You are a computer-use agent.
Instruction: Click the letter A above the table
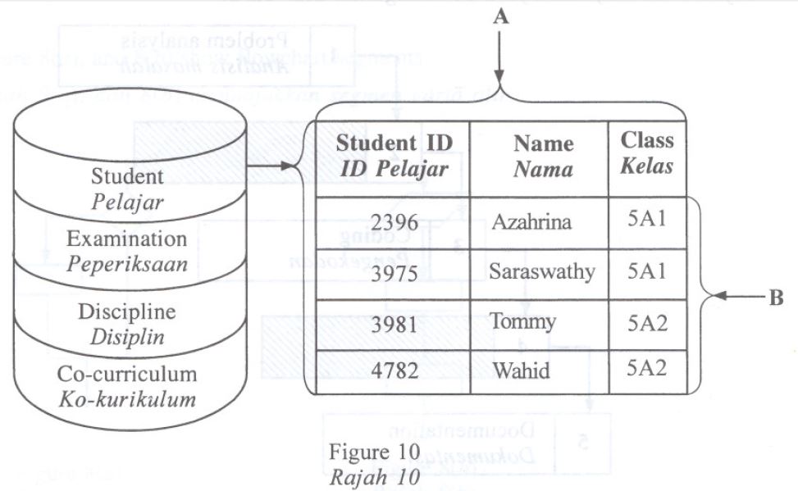coord(501,18)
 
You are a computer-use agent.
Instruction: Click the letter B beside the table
coord(775,298)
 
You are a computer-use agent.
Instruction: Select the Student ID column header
coord(394,155)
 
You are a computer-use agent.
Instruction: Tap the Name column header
coord(543,156)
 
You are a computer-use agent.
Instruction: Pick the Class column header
coord(647,152)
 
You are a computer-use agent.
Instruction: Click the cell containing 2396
coord(394,223)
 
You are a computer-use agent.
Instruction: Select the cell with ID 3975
coord(394,273)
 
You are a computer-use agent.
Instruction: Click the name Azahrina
coord(531,222)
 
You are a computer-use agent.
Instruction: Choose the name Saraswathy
coord(542,271)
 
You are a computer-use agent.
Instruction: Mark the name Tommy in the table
coord(522,321)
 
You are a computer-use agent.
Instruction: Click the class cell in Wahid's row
coord(647,368)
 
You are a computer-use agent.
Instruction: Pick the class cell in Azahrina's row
coord(647,221)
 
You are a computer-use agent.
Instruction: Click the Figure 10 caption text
coord(375,452)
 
